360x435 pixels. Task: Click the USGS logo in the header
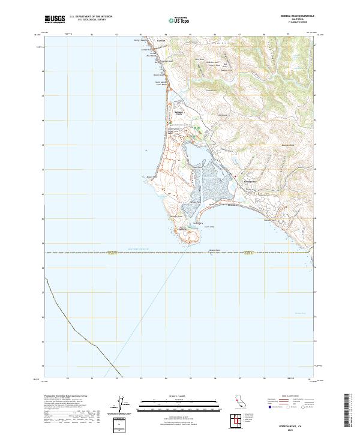click(55, 19)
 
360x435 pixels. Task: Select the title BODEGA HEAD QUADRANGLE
click(295, 16)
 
